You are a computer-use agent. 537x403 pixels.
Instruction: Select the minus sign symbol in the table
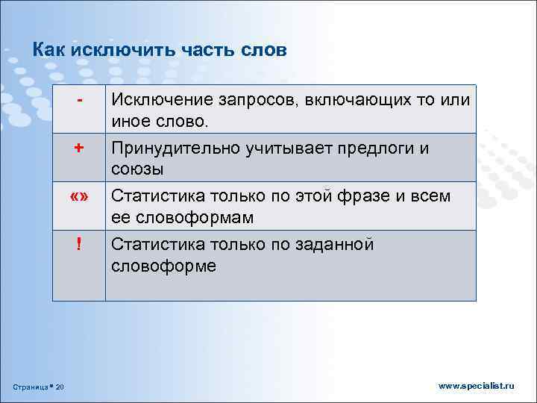click(79, 99)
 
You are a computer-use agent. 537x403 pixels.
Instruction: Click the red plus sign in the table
click(78, 147)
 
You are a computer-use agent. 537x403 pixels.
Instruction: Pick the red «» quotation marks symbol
click(78, 196)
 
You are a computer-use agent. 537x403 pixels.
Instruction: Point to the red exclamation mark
click(78, 244)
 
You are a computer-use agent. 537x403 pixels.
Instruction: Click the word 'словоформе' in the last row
click(163, 266)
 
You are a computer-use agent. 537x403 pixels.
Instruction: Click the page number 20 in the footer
click(60, 386)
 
